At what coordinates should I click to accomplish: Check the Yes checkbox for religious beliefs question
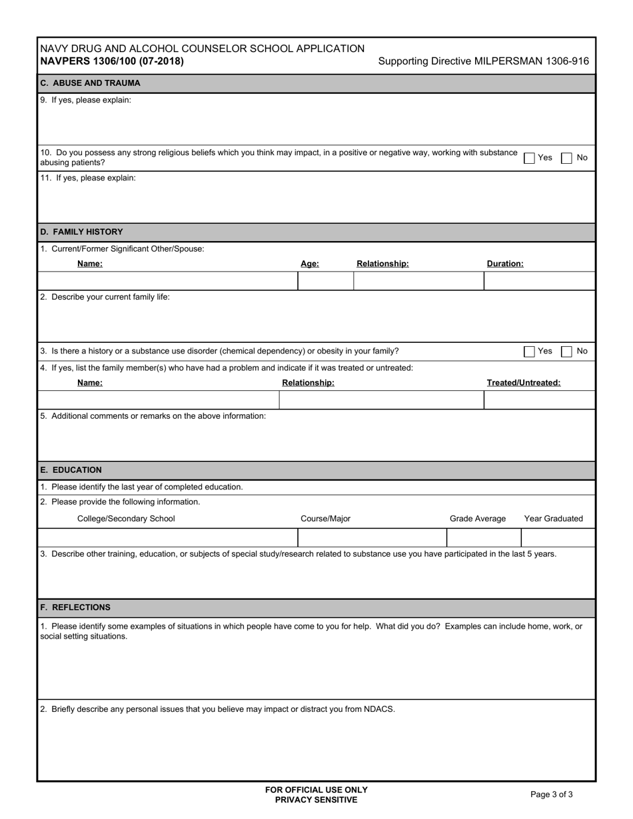click(529, 158)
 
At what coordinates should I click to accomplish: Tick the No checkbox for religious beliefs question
click(566, 158)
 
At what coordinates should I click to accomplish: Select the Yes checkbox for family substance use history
click(529, 352)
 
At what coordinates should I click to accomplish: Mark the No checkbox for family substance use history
click(566, 352)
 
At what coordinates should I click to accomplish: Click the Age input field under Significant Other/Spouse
click(325, 281)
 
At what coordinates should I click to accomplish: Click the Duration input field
click(539, 281)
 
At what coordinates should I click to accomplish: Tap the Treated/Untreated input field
click(539, 400)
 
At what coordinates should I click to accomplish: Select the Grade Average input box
click(483, 537)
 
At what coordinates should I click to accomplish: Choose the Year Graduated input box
click(558, 537)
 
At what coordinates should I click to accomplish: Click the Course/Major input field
click(372, 537)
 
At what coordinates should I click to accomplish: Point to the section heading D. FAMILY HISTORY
click(81, 232)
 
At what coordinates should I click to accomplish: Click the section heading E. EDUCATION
click(71, 470)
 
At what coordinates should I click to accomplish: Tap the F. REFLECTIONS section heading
click(75, 607)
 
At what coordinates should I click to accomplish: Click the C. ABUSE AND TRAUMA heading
click(90, 83)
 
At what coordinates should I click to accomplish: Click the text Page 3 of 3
click(551, 794)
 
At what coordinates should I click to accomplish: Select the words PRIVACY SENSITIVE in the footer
click(316, 800)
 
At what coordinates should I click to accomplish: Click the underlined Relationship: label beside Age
click(382, 264)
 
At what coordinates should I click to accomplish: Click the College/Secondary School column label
click(126, 519)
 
